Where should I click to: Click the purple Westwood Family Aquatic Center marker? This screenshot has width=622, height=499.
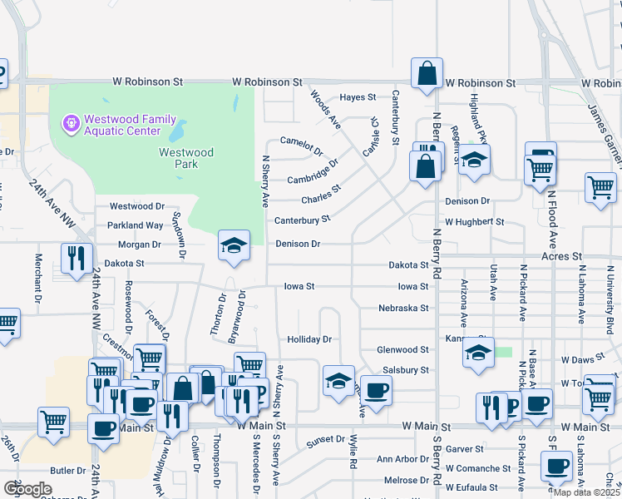tap(72, 124)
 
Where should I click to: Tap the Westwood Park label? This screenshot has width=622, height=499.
tap(186, 158)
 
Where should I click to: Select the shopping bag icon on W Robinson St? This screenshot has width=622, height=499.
tap(427, 73)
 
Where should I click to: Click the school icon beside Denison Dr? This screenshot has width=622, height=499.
tap(234, 245)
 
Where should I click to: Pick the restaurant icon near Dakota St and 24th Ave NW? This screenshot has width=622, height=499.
tap(77, 258)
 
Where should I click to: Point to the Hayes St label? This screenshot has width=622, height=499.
tap(358, 97)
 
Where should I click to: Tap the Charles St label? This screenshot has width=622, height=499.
tap(321, 195)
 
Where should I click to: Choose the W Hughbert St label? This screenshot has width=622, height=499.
tap(474, 222)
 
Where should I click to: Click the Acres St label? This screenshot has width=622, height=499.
tap(560, 257)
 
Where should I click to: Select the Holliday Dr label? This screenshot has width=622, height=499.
tap(309, 339)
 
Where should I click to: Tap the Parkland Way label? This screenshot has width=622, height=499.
tap(136, 225)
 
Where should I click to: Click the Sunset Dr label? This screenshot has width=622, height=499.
tap(325, 439)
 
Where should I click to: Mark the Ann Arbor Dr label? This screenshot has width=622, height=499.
tap(402, 459)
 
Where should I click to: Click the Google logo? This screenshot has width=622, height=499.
tap(28, 489)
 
